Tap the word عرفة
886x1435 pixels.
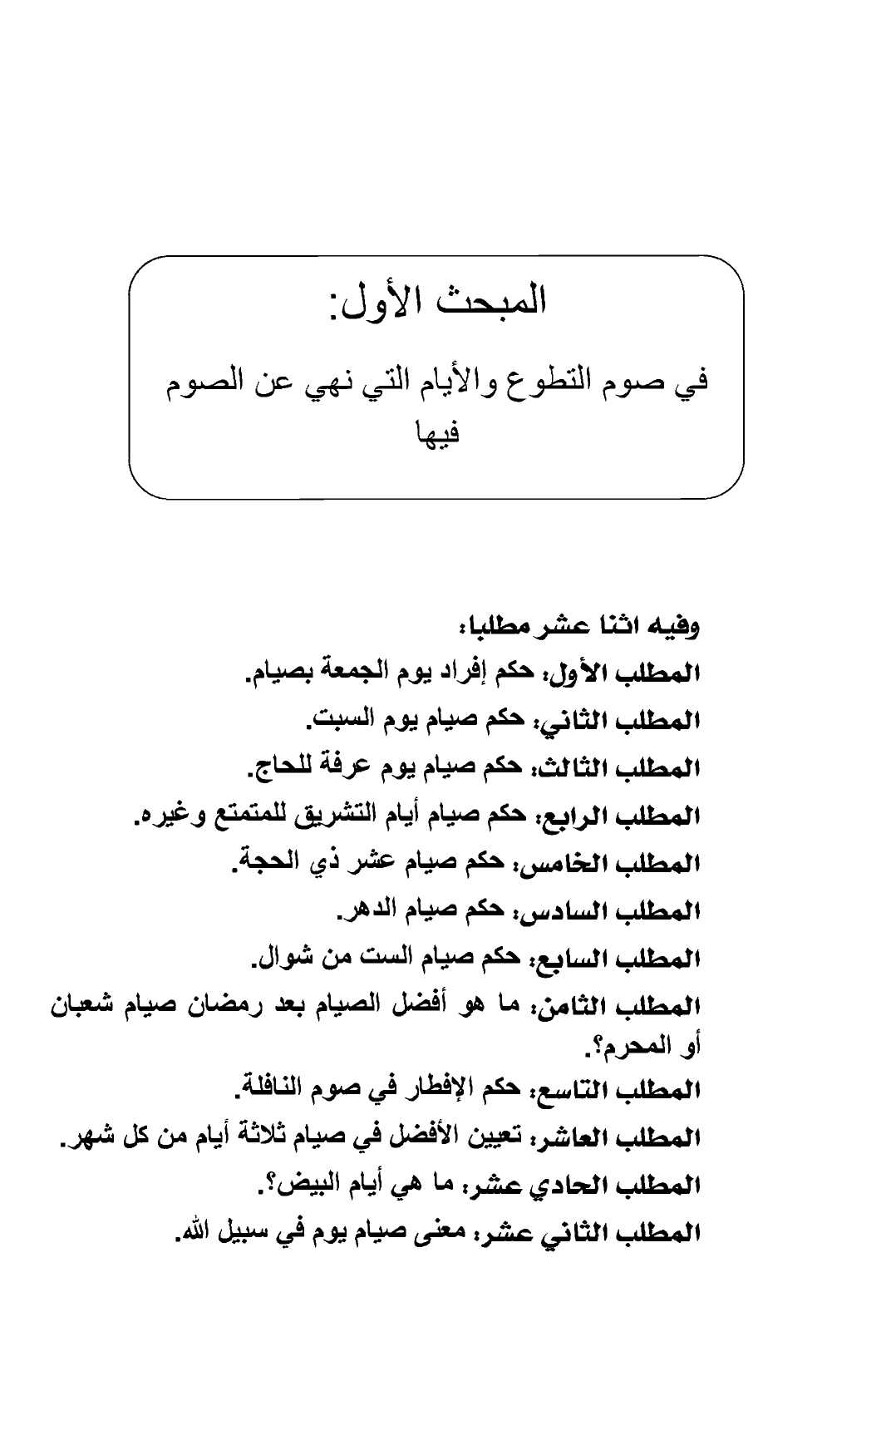point(342,769)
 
